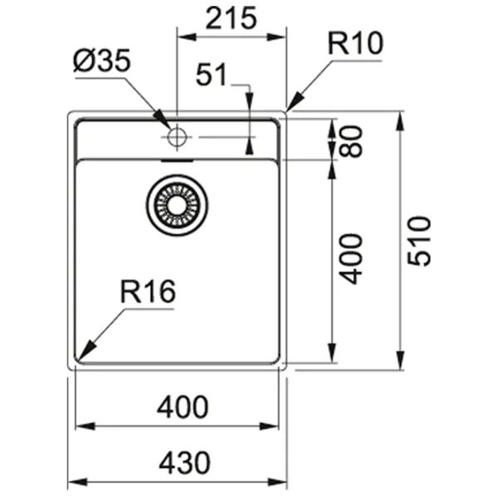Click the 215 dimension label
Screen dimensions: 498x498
pyautogui.click(x=231, y=18)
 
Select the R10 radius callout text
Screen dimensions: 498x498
pyautogui.click(x=355, y=44)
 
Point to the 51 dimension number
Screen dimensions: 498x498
pyautogui.click(x=212, y=76)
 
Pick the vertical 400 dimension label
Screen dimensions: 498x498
pyautogui.click(x=352, y=258)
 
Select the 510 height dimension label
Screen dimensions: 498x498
pyautogui.click(x=421, y=241)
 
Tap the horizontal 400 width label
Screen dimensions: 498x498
pyautogui.click(x=180, y=408)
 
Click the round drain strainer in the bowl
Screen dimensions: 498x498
pyautogui.click(x=177, y=202)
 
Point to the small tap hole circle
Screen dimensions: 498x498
pyautogui.click(x=177, y=136)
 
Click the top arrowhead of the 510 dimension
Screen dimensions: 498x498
pyautogui.click(x=401, y=119)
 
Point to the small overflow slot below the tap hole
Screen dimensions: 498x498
pyautogui.click(x=177, y=154)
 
